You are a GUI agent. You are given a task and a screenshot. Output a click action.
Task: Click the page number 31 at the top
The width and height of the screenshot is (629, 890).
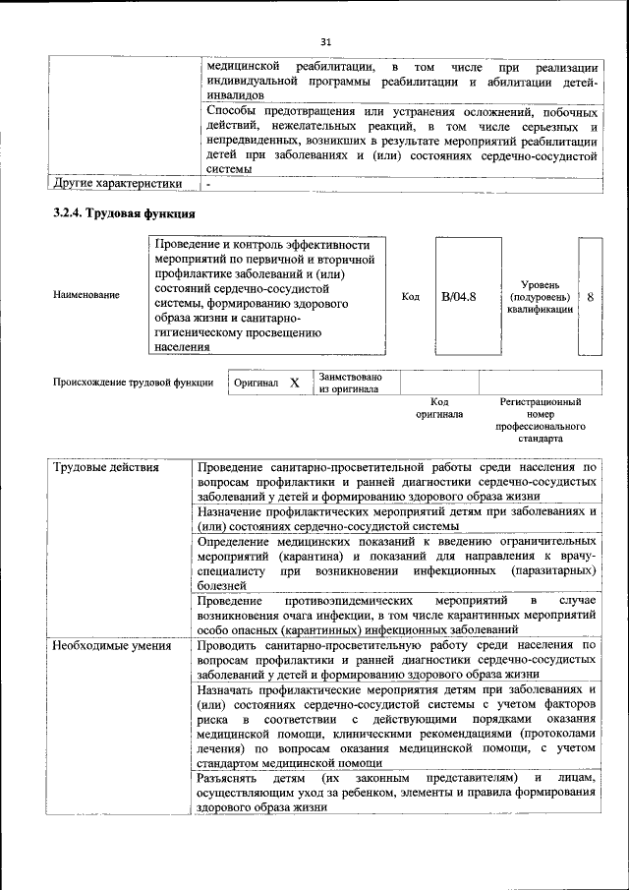click(x=326, y=41)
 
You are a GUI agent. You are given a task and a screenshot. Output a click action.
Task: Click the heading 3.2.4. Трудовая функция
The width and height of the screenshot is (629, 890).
click(x=124, y=213)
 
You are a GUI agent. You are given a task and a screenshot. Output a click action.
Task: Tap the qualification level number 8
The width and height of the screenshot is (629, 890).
click(x=590, y=296)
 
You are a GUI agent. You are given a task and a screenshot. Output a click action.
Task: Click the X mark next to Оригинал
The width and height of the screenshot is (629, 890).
click(x=294, y=383)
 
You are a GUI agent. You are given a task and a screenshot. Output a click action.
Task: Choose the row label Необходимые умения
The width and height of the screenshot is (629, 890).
click(x=112, y=646)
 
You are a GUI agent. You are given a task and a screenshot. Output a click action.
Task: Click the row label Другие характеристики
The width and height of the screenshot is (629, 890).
click(x=117, y=183)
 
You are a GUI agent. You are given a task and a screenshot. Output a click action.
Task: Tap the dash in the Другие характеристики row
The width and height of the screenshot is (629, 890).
click(x=208, y=184)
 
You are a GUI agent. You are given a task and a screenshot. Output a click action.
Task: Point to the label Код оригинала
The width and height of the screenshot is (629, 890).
click(x=439, y=408)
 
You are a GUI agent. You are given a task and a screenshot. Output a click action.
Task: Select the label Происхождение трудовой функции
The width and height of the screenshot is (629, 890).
click(x=134, y=383)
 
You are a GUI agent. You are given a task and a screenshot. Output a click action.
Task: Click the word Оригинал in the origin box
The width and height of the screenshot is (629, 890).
click(x=256, y=383)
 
